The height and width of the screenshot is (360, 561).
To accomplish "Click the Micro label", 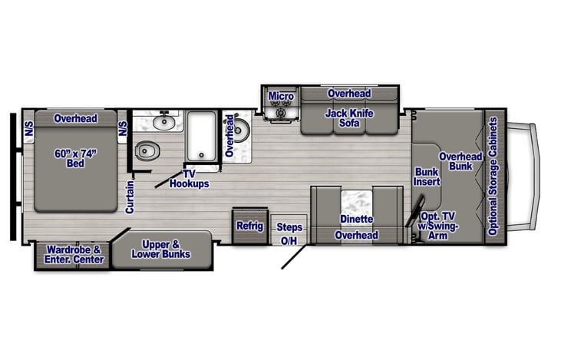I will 281,96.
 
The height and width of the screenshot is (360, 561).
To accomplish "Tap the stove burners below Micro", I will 281,113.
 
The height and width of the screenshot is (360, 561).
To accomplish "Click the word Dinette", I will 356,220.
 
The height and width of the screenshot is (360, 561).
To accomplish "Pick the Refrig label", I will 249,226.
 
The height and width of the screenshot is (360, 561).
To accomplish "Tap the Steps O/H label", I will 289,234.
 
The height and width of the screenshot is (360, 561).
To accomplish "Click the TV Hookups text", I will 190,179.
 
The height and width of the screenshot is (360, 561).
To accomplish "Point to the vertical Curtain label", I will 130,197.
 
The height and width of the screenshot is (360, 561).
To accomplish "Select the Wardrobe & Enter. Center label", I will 74,254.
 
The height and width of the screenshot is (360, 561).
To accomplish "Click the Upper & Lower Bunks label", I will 160,249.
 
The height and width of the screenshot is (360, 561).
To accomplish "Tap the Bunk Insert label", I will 427,177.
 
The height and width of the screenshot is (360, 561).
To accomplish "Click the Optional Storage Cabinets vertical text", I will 493,177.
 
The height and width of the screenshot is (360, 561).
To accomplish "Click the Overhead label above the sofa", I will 349,94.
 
